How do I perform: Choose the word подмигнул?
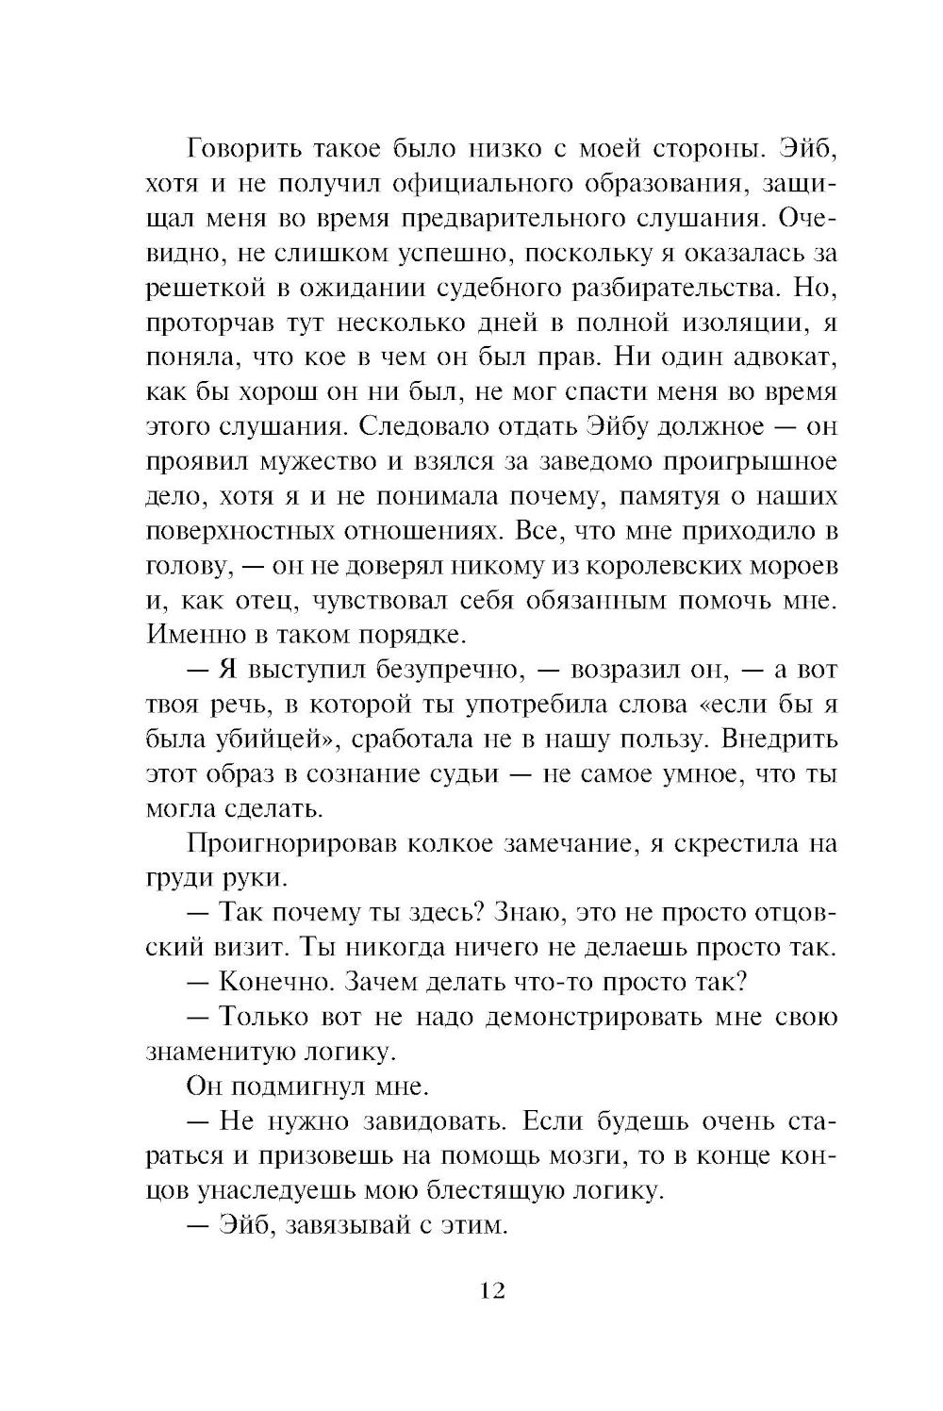pyautogui.click(x=311, y=1087)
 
